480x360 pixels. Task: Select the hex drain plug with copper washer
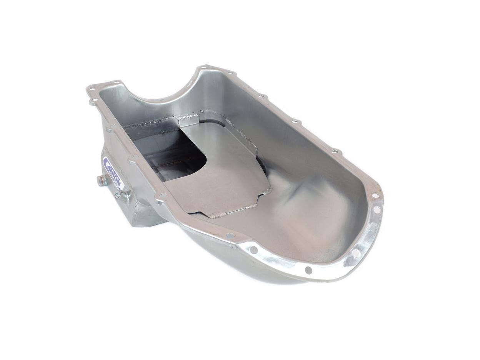click(x=102, y=180)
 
